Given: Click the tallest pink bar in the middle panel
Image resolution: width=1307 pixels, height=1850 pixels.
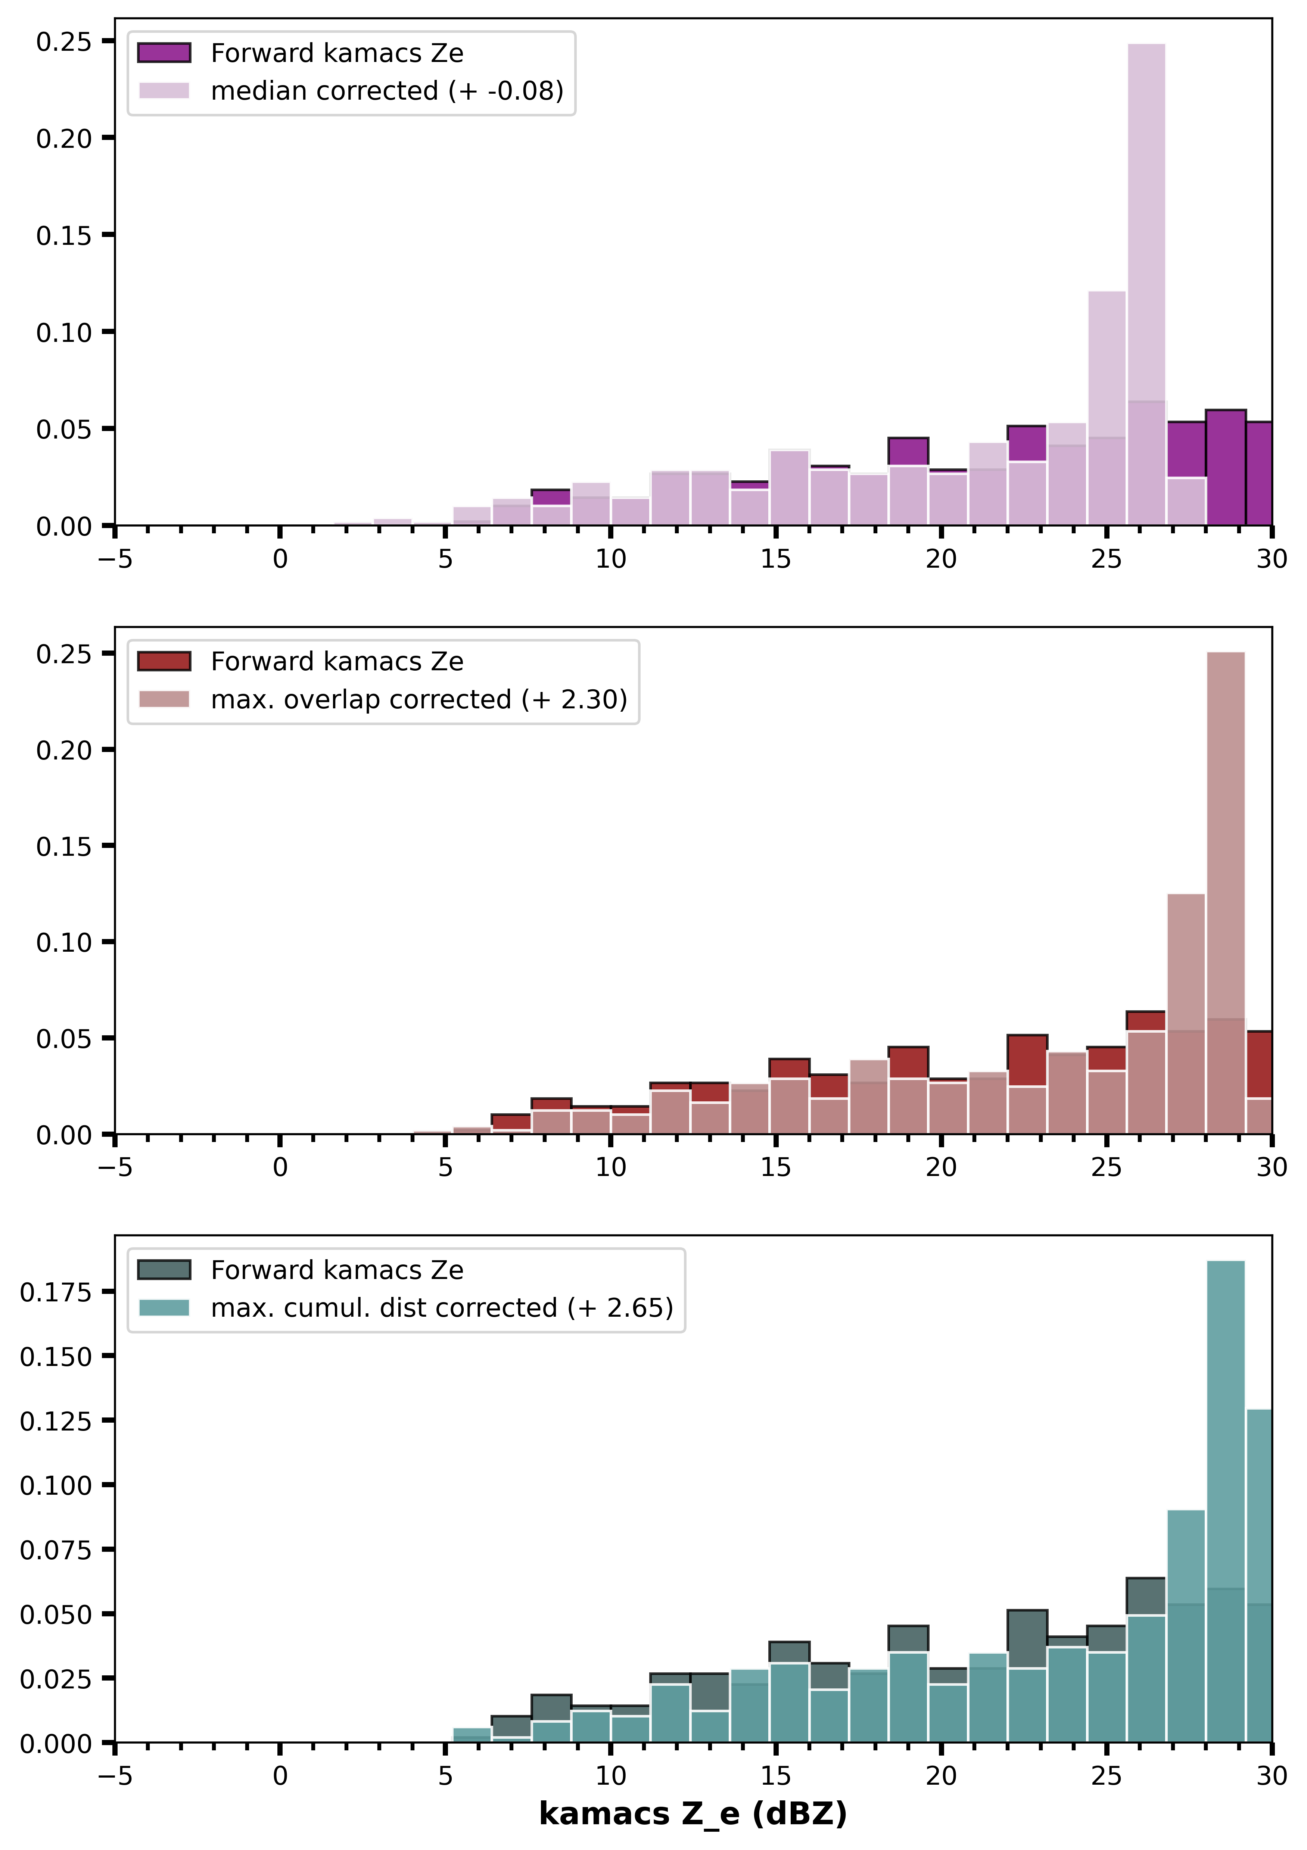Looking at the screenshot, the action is click(1226, 893).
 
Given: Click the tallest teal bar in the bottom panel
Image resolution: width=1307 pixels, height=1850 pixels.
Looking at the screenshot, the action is click(1226, 1501).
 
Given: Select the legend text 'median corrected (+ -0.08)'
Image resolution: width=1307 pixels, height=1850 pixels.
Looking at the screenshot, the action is click(387, 91).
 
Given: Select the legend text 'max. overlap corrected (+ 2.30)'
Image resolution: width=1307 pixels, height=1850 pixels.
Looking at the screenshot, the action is click(419, 699).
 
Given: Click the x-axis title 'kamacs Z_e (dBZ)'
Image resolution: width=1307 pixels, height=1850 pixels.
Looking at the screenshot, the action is click(693, 1814).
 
